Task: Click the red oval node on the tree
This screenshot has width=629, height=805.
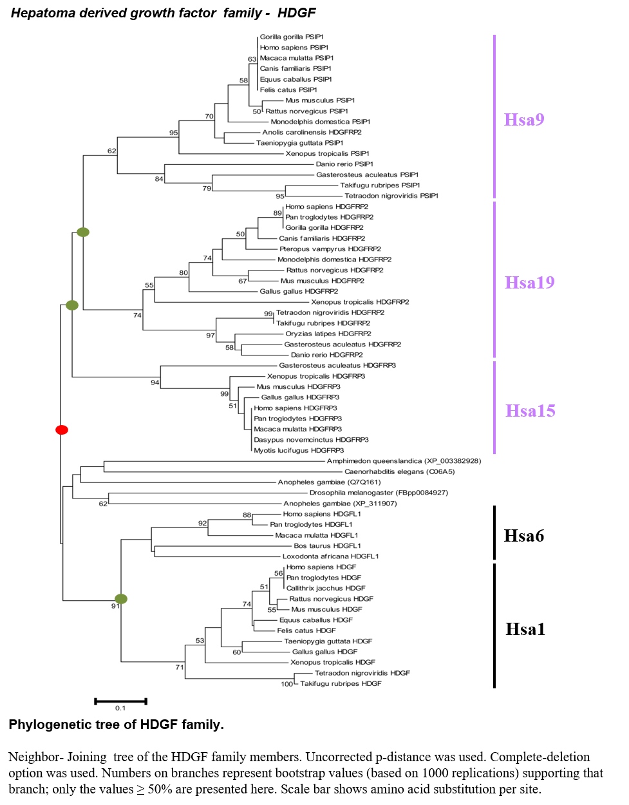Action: [x=62, y=430]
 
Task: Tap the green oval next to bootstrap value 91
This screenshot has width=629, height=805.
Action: [x=121, y=599]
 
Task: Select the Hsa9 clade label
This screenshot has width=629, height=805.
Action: [x=524, y=119]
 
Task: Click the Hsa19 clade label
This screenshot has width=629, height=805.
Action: [x=530, y=282]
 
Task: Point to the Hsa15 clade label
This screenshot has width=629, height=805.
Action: [x=530, y=410]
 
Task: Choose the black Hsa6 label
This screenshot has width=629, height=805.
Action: [x=524, y=536]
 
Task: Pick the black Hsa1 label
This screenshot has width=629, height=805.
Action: [x=525, y=629]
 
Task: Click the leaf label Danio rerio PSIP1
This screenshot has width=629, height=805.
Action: [x=344, y=164]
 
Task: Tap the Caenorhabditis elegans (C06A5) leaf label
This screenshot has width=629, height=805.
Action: [x=399, y=471]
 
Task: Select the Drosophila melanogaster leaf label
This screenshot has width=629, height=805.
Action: [x=379, y=493]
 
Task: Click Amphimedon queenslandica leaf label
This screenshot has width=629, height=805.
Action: [x=404, y=461]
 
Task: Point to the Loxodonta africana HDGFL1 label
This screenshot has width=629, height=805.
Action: [x=331, y=556]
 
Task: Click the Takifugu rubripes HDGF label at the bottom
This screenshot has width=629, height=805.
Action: [x=341, y=683]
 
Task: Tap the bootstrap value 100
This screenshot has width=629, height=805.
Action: [x=286, y=684]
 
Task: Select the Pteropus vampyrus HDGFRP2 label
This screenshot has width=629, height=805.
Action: [x=330, y=249]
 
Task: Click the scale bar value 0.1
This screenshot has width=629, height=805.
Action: [x=120, y=708]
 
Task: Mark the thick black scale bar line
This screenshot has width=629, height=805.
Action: [x=120, y=701]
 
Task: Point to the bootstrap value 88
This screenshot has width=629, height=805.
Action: [x=247, y=515]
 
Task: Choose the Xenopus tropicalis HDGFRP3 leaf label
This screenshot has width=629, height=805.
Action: [x=316, y=376]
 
